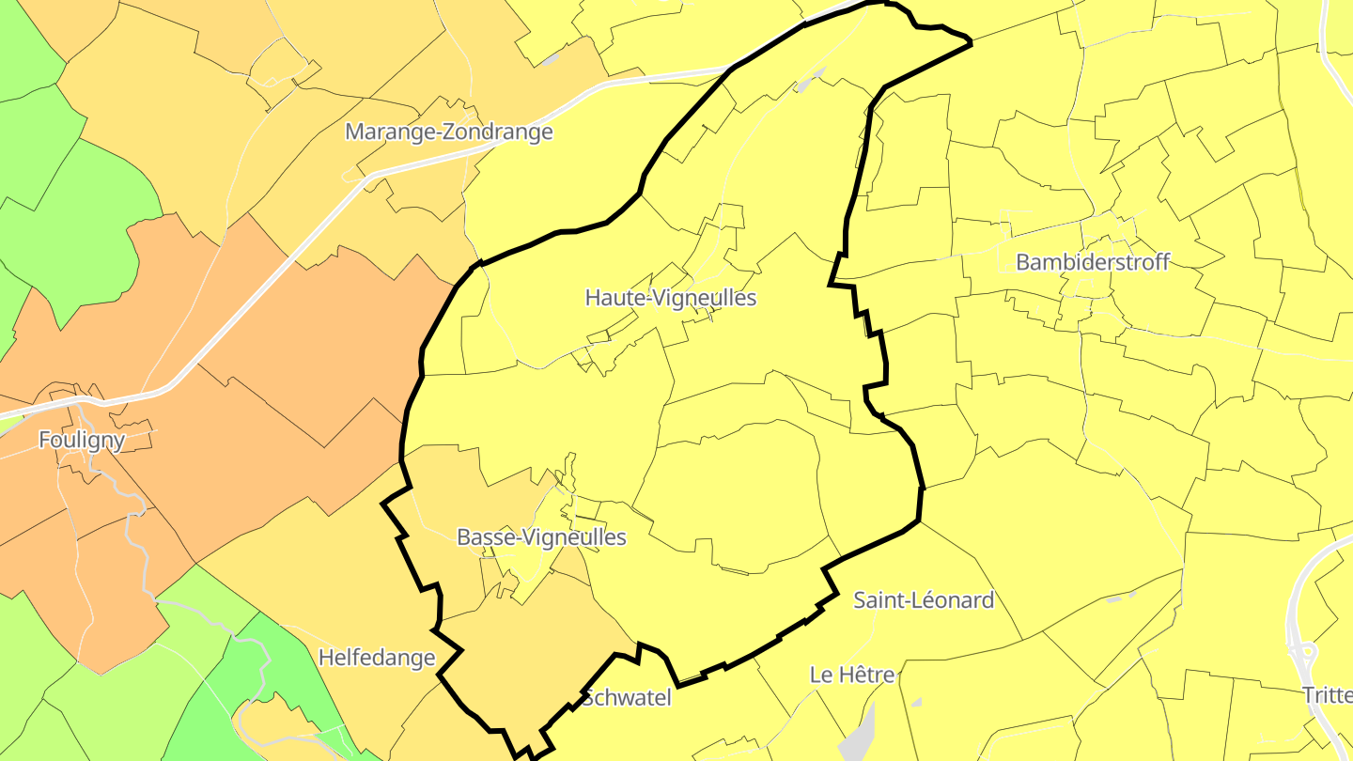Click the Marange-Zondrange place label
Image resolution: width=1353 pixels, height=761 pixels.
click(x=448, y=132)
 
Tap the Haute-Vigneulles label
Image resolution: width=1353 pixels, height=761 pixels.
click(x=670, y=298)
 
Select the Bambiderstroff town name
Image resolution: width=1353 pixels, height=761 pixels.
click(x=1092, y=262)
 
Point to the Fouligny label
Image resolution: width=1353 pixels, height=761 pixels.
click(x=82, y=440)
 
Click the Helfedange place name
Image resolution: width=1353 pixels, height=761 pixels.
click(x=376, y=657)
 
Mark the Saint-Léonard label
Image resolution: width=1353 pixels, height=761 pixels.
click(x=923, y=600)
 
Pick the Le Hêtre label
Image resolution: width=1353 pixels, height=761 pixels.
click(x=852, y=675)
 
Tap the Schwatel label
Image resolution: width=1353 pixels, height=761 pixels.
click(x=626, y=698)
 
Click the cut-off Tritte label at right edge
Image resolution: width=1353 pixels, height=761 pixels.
click(x=1327, y=695)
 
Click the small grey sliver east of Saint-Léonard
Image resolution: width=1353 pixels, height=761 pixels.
click(x=1115, y=598)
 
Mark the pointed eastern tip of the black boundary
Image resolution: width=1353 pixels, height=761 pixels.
click(x=969, y=42)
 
